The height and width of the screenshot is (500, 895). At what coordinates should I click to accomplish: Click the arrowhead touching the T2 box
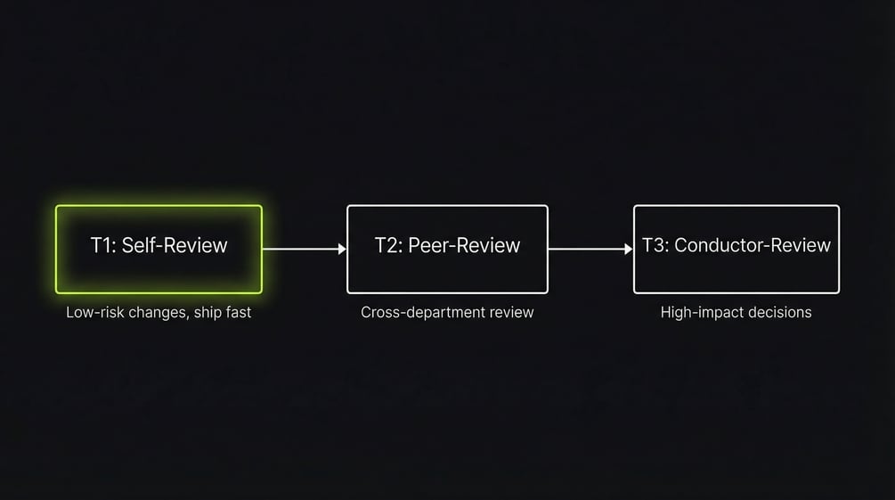click(342, 250)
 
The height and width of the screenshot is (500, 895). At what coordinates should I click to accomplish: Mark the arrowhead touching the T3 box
click(629, 250)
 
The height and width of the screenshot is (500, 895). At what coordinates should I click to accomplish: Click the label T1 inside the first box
click(102, 245)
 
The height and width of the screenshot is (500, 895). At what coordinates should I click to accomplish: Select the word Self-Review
click(175, 245)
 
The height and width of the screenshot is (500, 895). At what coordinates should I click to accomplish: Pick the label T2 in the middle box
click(387, 245)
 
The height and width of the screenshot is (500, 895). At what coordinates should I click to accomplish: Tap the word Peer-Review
click(464, 245)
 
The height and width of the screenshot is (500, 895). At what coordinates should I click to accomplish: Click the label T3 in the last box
click(655, 245)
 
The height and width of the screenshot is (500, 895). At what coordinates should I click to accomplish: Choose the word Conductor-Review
click(753, 245)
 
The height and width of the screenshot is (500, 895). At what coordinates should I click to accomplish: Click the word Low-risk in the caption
click(94, 313)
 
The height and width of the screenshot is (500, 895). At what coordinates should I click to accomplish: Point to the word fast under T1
click(236, 313)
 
